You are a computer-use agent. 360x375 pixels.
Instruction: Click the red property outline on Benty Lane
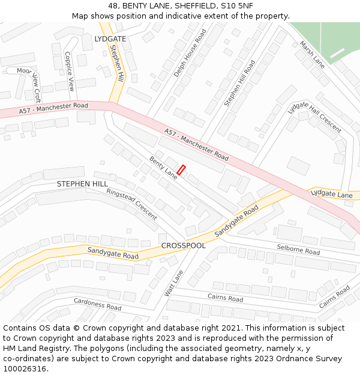(181, 170)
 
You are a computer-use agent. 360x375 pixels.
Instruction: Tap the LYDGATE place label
(110, 38)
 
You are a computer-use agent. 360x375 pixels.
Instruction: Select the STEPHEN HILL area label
(82, 184)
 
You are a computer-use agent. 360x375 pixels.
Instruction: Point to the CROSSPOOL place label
(183, 245)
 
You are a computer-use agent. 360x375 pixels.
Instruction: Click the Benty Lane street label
(163, 167)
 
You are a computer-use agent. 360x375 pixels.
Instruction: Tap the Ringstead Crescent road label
(131, 204)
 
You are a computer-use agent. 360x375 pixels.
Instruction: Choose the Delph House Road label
(190, 53)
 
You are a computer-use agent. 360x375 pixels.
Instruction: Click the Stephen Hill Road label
(239, 83)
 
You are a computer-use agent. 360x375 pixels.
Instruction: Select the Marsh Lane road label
(312, 55)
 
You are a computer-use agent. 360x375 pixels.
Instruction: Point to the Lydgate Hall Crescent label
(314, 116)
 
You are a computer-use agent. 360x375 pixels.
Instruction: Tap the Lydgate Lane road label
(331, 194)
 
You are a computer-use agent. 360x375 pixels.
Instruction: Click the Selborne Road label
(298, 250)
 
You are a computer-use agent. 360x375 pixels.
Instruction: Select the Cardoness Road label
(97, 304)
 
